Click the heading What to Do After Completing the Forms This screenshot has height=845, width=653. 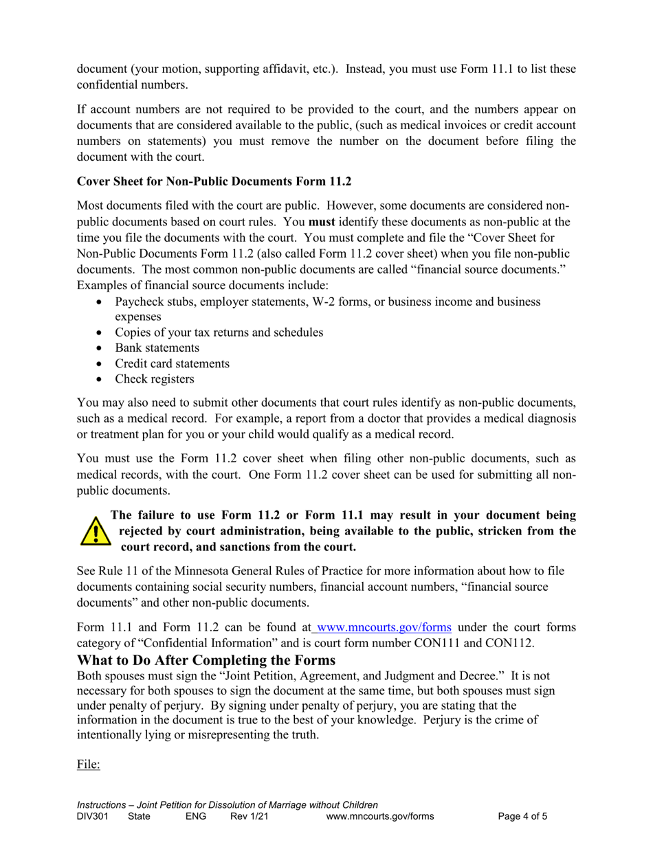(x=206, y=660)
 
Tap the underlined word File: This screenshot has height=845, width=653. (x=88, y=764)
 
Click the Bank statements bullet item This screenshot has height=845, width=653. (x=157, y=348)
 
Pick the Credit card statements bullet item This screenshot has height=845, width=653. (x=172, y=363)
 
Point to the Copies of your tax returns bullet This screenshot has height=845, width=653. (x=219, y=333)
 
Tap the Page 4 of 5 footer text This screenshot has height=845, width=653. (x=522, y=817)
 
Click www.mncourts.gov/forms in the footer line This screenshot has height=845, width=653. (x=380, y=817)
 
